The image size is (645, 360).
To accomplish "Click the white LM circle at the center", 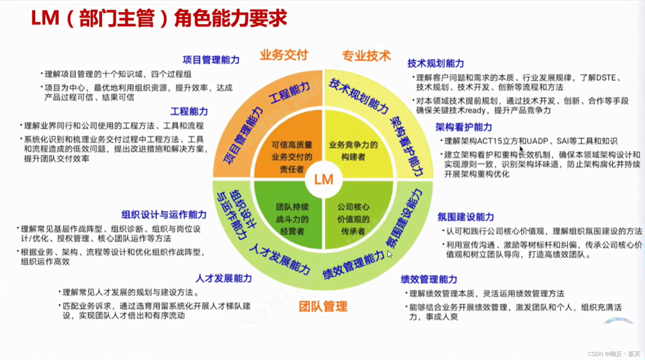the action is tap(323, 180).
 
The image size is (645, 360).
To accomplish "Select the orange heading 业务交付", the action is tap(284, 55).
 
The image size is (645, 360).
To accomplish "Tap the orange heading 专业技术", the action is tap(366, 56).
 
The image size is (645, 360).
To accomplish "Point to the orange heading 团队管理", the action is tap(323, 306).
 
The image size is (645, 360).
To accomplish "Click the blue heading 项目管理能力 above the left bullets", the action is tap(211, 60).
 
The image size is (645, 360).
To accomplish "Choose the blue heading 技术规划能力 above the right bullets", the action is tap(435, 64).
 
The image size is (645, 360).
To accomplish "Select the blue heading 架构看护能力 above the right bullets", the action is tap(463, 127).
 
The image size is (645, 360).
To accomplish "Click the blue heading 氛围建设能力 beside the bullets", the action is tap(465, 217).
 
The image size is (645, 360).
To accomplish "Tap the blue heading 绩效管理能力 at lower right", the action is tap(429, 279).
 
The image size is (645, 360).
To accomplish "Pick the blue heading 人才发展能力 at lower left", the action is tap(224, 278).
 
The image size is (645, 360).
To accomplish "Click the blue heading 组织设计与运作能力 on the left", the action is tap(164, 215).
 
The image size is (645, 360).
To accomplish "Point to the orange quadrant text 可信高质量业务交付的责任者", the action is tap(292, 157).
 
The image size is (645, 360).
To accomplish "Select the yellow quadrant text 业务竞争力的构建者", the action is tap(353, 151).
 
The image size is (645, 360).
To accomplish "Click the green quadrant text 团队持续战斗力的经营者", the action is tap(292, 219).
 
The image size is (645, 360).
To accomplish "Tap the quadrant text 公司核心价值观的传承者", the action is tap(353, 219).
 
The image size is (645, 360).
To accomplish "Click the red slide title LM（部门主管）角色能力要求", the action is tap(159, 18).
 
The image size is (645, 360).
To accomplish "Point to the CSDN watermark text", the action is tap(614, 354).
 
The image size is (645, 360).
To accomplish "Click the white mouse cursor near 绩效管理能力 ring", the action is tap(389, 254).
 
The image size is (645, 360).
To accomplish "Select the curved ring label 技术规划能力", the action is tap(358, 96).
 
